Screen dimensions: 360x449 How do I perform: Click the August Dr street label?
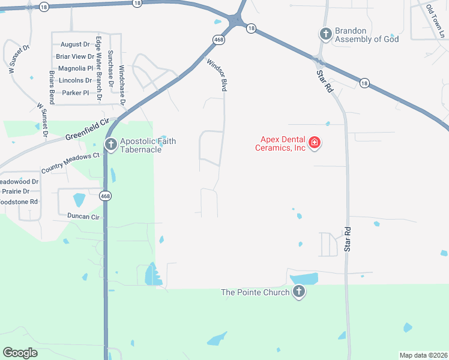point(74,44)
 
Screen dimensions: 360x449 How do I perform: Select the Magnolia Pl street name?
point(75,68)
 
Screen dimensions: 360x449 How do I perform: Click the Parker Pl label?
point(76,93)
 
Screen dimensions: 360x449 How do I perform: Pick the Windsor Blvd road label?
point(217,75)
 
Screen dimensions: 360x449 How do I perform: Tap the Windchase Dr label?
point(122,85)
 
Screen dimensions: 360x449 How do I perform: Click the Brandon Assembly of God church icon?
point(325,34)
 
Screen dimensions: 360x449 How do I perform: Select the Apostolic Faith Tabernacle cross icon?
point(110,144)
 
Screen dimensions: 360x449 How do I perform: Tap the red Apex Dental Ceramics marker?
point(314,143)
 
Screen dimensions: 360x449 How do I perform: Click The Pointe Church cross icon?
point(298,292)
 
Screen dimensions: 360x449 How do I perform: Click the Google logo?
point(20,353)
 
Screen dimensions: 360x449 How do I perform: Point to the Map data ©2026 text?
point(423,355)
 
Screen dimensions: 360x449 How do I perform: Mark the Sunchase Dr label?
point(110,67)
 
